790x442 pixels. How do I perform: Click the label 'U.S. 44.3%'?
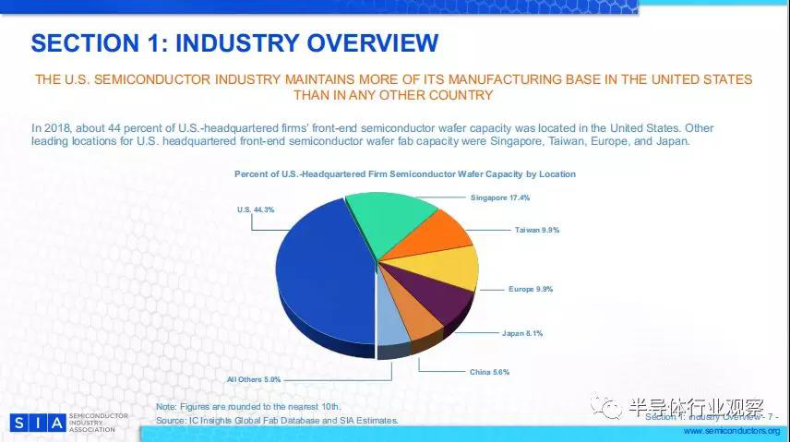(x=256, y=210)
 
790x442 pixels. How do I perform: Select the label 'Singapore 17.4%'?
(x=500, y=197)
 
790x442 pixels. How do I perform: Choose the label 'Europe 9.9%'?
(x=531, y=289)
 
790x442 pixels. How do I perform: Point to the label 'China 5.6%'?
(x=490, y=372)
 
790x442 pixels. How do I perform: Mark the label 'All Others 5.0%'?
(x=254, y=378)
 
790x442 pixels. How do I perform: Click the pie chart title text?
(x=405, y=173)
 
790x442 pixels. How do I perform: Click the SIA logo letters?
(x=39, y=423)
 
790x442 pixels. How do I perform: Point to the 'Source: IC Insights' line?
(x=277, y=420)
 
